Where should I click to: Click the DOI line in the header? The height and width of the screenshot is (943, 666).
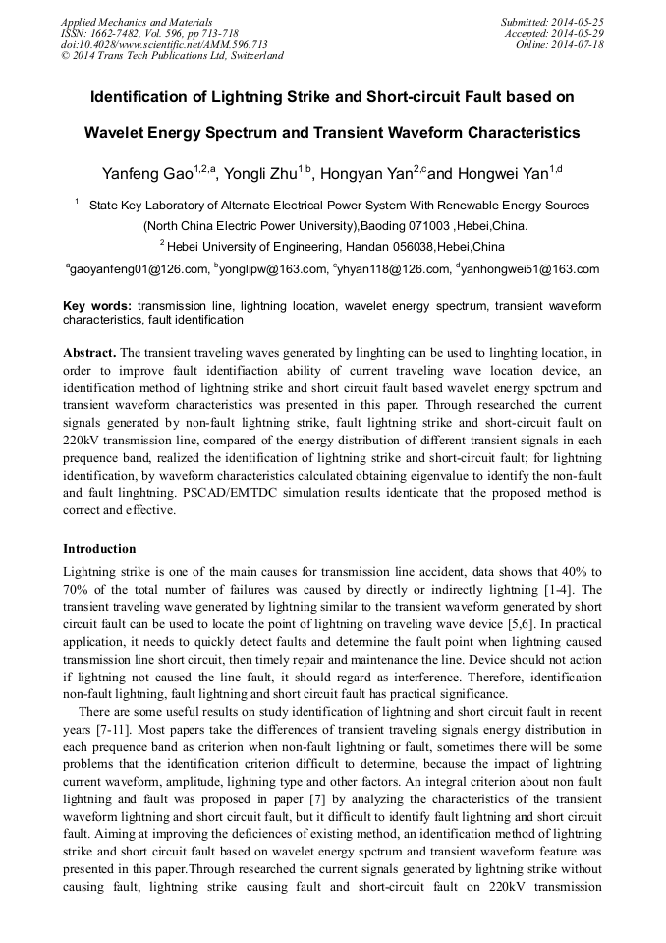pyautogui.click(x=164, y=44)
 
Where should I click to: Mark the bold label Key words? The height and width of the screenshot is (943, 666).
pyautogui.click(x=97, y=306)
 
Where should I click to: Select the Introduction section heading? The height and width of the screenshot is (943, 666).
pyautogui.click(x=99, y=548)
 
